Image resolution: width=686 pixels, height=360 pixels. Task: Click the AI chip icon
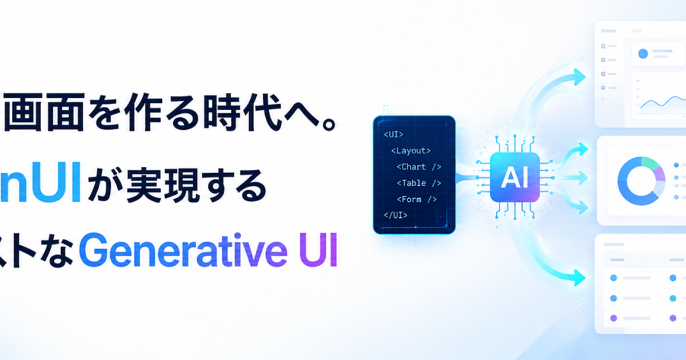click(514, 177)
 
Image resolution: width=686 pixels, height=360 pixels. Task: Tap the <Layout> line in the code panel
click(410, 151)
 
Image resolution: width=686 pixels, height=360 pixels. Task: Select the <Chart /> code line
click(418, 167)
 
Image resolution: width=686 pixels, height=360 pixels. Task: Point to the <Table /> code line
click(418, 183)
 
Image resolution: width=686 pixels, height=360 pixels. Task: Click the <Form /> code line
click(417, 199)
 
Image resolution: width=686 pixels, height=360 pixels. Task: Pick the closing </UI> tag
click(396, 215)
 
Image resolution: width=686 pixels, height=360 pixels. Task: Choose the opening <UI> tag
click(393, 134)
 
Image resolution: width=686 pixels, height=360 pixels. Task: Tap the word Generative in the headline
click(183, 250)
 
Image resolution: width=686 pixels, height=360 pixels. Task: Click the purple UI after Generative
click(318, 250)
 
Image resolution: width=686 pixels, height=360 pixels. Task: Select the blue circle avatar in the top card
click(643, 54)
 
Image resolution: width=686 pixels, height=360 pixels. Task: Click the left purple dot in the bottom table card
click(613, 318)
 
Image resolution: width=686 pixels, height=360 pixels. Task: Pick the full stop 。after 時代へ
click(329, 124)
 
